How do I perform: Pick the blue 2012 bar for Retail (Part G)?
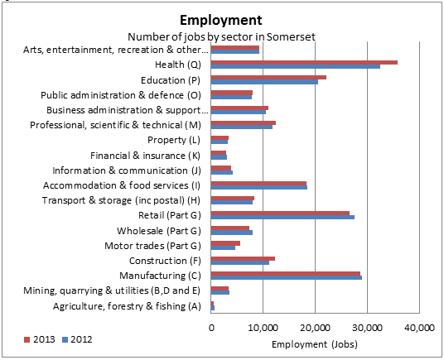pyautogui.click(x=282, y=217)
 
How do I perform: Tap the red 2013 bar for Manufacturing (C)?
pyautogui.click(x=286, y=272)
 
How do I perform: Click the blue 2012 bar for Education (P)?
pyautogui.click(x=264, y=82)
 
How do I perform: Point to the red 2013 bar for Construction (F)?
pyautogui.click(x=243, y=258)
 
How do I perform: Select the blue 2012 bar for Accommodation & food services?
pyautogui.click(x=259, y=187)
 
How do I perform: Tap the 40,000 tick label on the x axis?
pyautogui.click(x=420, y=329)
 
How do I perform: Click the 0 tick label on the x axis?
pyautogui.click(x=212, y=329)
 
